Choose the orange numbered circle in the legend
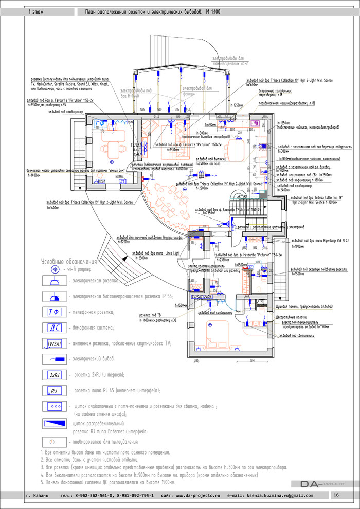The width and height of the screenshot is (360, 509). (52, 442)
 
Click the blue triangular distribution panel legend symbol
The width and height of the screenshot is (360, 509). (53, 423)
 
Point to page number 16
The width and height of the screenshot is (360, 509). (335, 495)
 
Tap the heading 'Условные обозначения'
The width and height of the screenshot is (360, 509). (69, 261)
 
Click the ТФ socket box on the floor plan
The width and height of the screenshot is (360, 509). (101, 124)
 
